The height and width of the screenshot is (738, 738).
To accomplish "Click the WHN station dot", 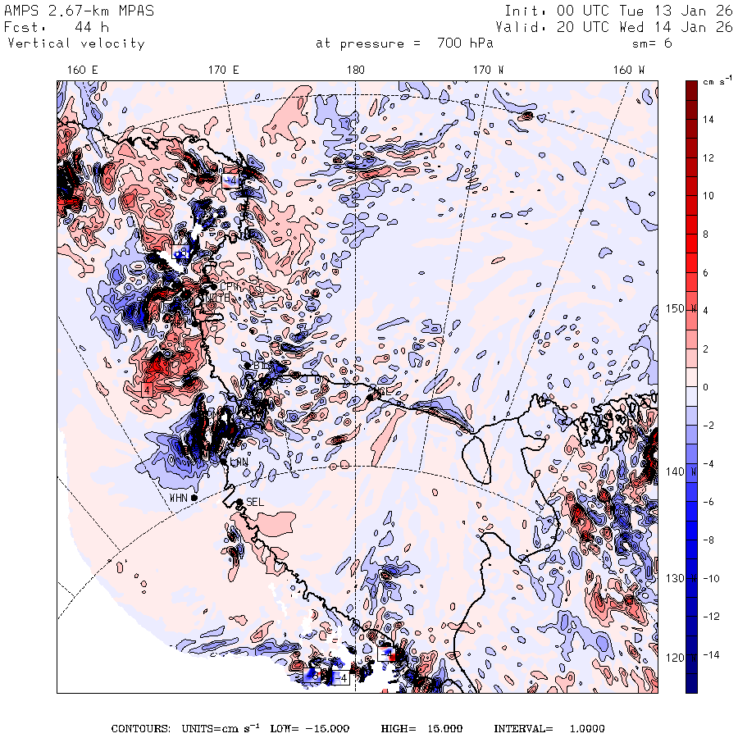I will [x=194, y=498].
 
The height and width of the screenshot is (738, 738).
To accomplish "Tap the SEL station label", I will [x=255, y=502].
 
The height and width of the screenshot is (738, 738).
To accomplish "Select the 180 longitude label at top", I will [x=355, y=70].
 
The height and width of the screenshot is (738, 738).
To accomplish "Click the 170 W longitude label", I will [x=490, y=70].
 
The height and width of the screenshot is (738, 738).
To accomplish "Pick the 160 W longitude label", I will [x=629, y=70].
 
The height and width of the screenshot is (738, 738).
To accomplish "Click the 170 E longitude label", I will [x=224, y=70].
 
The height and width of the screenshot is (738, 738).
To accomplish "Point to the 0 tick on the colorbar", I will [x=707, y=387].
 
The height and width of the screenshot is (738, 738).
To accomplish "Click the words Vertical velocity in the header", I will [x=75, y=43].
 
